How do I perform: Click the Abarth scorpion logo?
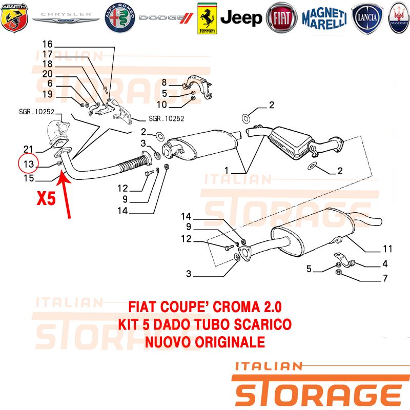(x=14, y=18)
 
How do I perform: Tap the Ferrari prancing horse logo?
(x=207, y=18)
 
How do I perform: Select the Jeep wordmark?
(x=241, y=18)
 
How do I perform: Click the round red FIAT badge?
(x=281, y=18)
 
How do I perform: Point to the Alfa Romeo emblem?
(x=120, y=18)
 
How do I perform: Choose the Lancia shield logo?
(x=367, y=18)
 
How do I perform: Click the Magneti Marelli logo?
(x=324, y=18)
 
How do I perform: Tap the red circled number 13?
(x=28, y=164)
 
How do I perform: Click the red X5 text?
(x=46, y=198)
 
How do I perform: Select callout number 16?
(x=48, y=44)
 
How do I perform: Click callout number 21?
(x=29, y=149)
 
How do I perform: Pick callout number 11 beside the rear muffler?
(x=387, y=249)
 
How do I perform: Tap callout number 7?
(x=385, y=278)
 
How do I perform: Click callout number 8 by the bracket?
(x=164, y=83)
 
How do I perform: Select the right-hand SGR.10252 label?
(x=167, y=119)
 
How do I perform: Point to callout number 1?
(x=227, y=171)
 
